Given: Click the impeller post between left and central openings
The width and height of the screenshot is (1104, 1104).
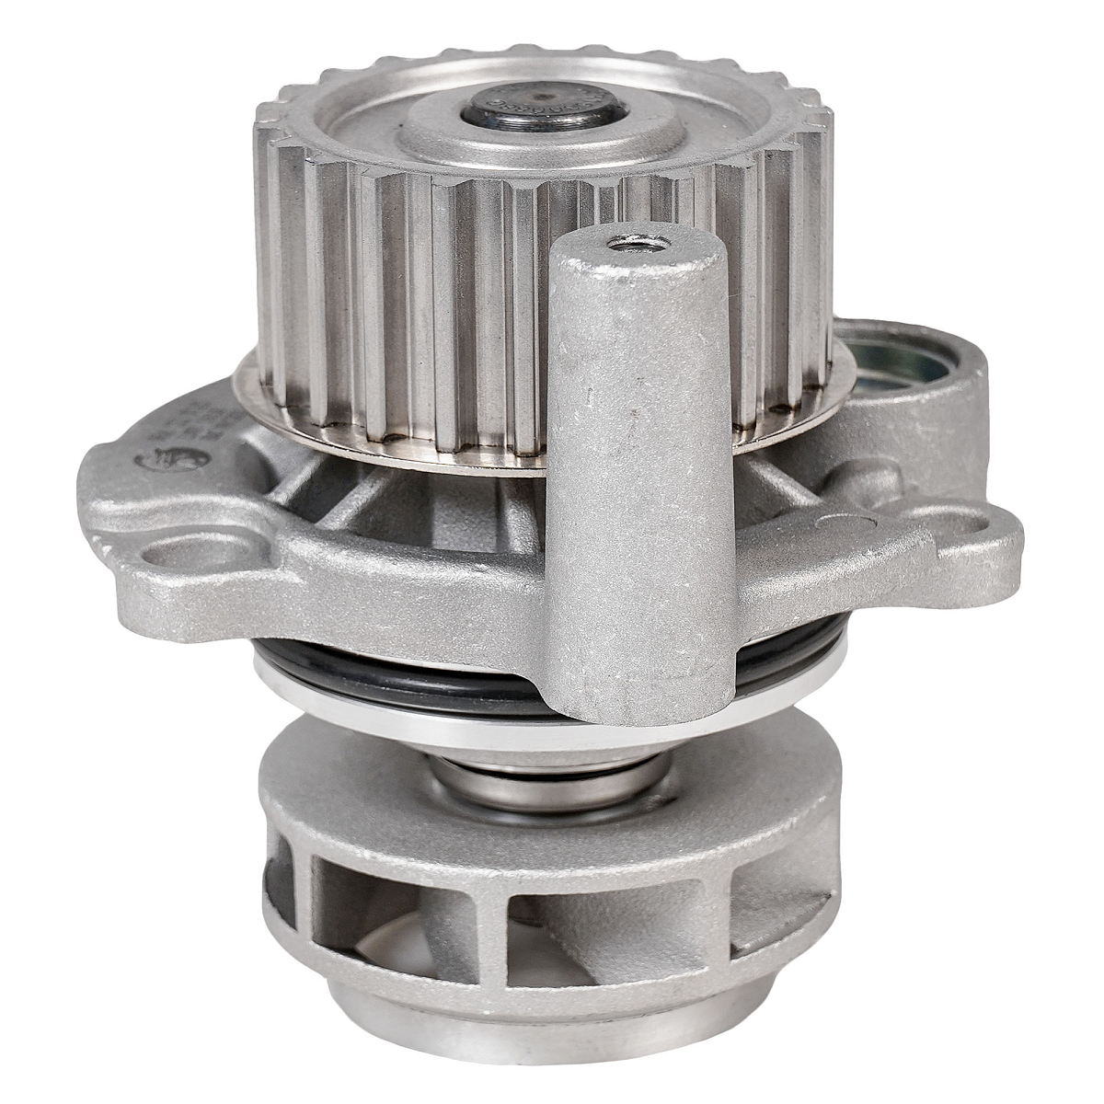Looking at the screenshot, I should pos(304,874).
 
